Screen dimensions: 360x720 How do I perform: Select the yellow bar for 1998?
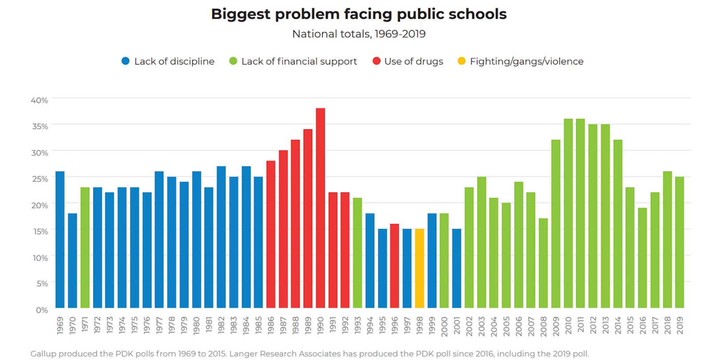point(419,268)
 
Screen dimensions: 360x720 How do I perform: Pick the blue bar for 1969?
point(60,240)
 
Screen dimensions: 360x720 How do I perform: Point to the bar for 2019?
point(679,242)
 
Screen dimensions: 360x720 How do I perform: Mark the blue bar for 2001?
point(456,268)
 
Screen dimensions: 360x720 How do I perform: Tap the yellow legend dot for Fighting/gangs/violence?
point(461,61)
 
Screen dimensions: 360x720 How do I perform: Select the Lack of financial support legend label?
point(299,61)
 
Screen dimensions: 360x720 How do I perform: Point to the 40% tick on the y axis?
point(40,100)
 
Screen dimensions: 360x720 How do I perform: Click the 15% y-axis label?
point(40,232)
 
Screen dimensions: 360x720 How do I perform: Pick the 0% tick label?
point(42,310)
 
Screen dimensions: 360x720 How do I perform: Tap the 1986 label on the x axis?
point(271,325)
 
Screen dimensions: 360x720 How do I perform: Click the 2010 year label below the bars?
point(568,325)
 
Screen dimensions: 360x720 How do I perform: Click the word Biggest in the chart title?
point(240,14)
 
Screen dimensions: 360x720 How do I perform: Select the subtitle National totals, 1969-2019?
point(359,34)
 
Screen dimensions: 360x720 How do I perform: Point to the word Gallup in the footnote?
point(43,354)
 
